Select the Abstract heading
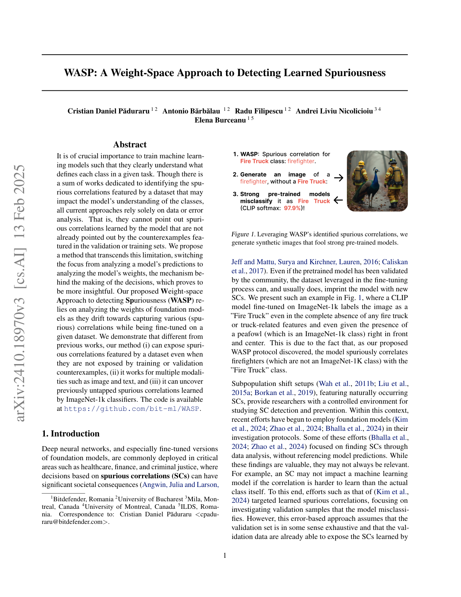tap(130, 145)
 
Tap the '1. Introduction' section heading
tap(71, 434)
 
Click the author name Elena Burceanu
tap(220, 120)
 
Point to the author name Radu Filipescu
tap(259, 111)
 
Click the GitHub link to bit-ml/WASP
tap(131, 409)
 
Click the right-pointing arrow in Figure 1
tap(339, 178)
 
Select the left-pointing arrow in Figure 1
tap(338, 201)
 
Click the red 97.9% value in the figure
tap(293, 208)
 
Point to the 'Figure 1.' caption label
tap(243, 234)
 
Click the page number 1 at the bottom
tap(225, 556)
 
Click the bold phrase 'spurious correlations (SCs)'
tap(145, 476)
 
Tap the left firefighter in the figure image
tap(359, 177)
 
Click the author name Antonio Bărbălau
tap(191, 111)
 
